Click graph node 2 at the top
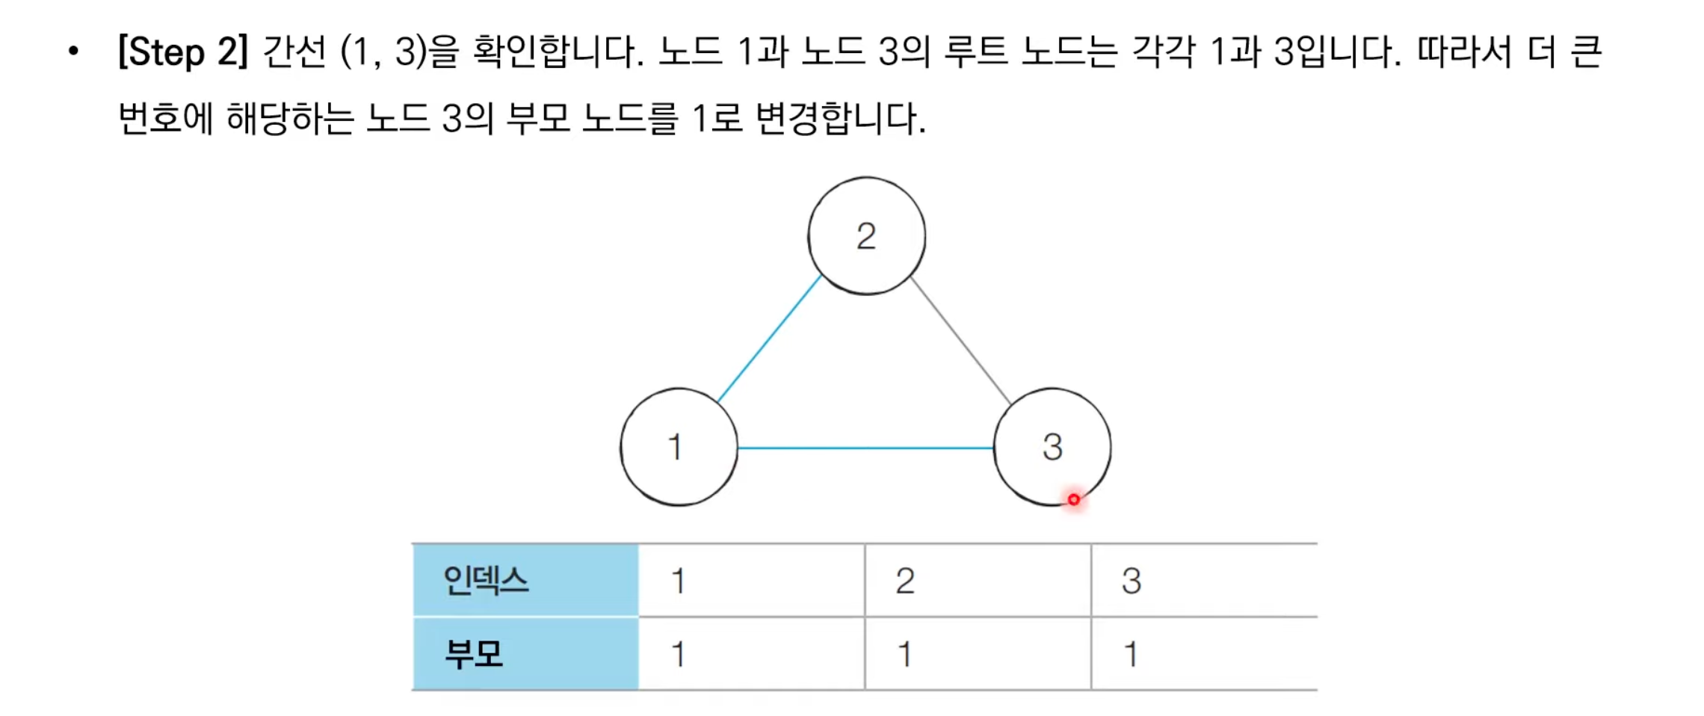tap(866, 236)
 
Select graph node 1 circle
tap(679, 447)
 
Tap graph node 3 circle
tap(1052, 447)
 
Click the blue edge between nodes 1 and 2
tap(769, 339)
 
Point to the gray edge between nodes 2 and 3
tap(960, 341)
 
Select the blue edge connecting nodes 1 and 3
tap(865, 448)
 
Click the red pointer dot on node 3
tap(1073, 499)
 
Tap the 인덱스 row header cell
tap(525, 581)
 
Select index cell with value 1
tap(751, 581)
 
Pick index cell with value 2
tap(978, 581)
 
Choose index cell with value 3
tap(1203, 581)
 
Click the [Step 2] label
tap(183, 52)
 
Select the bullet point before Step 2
tap(73, 52)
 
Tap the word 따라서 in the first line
tap(1464, 52)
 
